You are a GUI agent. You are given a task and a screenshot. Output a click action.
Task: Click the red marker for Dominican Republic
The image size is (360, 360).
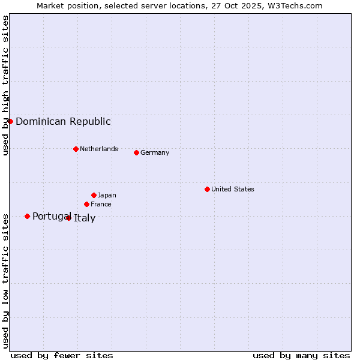(x=10, y=121)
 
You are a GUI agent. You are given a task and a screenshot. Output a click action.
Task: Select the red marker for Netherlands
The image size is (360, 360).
(x=76, y=149)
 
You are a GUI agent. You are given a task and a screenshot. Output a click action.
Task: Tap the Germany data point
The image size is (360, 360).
(x=136, y=152)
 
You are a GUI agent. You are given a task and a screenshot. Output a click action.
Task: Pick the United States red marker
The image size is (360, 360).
(x=207, y=189)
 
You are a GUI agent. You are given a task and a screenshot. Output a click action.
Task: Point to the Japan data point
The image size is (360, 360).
(x=94, y=195)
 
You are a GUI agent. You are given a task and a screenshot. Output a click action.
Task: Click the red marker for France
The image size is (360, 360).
(x=86, y=204)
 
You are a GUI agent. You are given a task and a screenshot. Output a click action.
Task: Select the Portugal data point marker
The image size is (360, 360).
(x=27, y=216)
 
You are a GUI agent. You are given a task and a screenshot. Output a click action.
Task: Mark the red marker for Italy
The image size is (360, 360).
(x=68, y=218)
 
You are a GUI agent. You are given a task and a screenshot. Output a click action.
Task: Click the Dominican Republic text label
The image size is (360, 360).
(x=63, y=121)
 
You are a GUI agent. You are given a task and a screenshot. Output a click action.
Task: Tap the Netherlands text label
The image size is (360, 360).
(x=99, y=149)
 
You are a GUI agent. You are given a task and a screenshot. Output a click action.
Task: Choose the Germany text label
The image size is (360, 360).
(x=155, y=152)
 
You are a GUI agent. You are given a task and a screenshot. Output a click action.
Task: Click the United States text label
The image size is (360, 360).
(x=233, y=189)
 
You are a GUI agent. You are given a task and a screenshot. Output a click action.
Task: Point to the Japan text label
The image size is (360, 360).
(x=107, y=195)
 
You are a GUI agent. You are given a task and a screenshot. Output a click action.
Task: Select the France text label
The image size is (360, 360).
(x=101, y=204)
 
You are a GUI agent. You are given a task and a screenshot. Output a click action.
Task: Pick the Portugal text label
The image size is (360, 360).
(x=52, y=216)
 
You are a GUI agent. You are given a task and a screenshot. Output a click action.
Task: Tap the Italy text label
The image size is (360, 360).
(x=85, y=218)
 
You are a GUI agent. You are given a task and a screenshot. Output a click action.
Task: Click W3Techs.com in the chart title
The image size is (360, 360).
(x=294, y=5)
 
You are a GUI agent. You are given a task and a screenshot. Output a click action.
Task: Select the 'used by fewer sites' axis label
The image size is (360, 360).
(x=62, y=355)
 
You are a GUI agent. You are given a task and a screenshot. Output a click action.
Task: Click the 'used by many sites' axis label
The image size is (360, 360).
(x=301, y=355)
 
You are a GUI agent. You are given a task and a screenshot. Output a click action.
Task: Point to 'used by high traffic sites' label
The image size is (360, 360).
(x=5, y=85)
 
